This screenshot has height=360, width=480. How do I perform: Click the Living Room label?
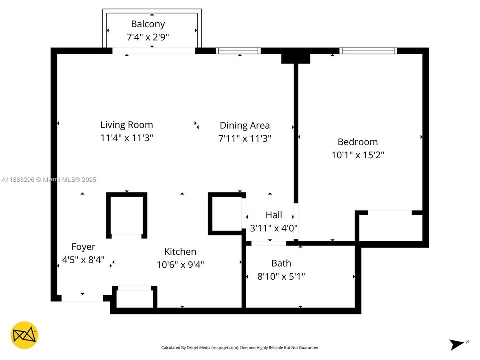(127, 125)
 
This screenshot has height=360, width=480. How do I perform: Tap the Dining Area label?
(245, 125)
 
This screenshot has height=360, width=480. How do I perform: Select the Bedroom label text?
(358, 142)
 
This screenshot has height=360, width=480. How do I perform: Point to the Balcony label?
(148, 24)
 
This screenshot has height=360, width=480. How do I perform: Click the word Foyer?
(83, 247)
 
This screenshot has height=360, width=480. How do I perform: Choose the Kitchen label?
(180, 252)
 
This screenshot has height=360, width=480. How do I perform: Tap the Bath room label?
(281, 263)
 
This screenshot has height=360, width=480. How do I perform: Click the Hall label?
(274, 215)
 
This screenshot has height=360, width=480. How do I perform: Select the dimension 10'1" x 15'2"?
(358, 155)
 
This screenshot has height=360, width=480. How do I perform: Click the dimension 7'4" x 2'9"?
(148, 37)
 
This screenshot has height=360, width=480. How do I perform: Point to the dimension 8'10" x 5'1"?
(281, 276)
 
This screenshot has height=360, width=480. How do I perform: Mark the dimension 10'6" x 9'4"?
(180, 264)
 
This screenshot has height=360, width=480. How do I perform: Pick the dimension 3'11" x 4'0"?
(274, 228)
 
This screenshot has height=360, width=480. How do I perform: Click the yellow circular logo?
(24, 335)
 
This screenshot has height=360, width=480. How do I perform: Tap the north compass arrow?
(457, 344)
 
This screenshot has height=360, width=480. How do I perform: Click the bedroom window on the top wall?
(368, 51)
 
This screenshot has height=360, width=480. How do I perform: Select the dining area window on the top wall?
(238, 51)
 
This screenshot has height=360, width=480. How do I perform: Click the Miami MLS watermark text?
(49, 180)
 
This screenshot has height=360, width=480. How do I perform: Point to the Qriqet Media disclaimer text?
(239, 347)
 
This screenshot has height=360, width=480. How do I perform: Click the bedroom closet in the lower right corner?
(390, 227)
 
